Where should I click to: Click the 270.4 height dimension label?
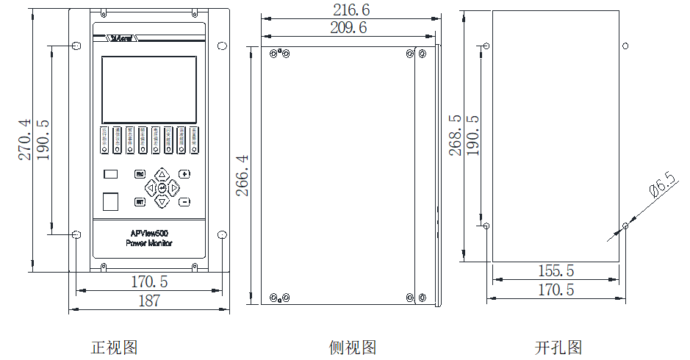[25, 140]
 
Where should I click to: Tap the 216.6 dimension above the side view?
[351, 10]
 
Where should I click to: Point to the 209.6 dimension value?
[348, 28]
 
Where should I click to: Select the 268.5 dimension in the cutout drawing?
[456, 134]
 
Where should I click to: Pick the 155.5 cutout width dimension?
[556, 271]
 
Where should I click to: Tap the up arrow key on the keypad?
[162, 175]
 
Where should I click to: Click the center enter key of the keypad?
[162, 188]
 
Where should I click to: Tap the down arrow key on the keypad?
[162, 201]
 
